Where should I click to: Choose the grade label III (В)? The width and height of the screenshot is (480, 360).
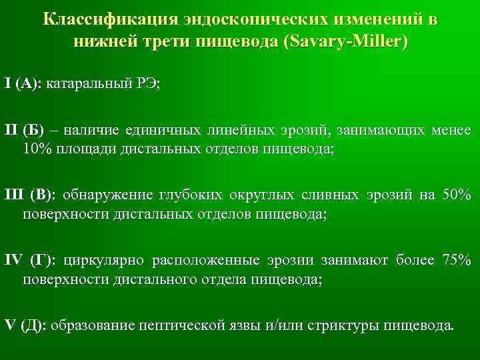[x=33, y=195]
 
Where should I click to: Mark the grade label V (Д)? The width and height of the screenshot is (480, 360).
[x=25, y=326]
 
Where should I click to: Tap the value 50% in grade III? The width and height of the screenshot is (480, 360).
[x=456, y=195]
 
